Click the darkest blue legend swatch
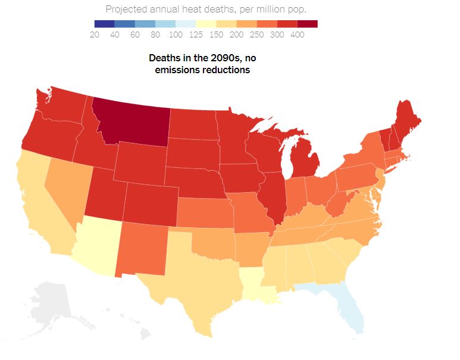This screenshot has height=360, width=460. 104,24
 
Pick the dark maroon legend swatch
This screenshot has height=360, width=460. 307,24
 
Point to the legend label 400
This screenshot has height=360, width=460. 297,35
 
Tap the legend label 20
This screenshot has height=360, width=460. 94,35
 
